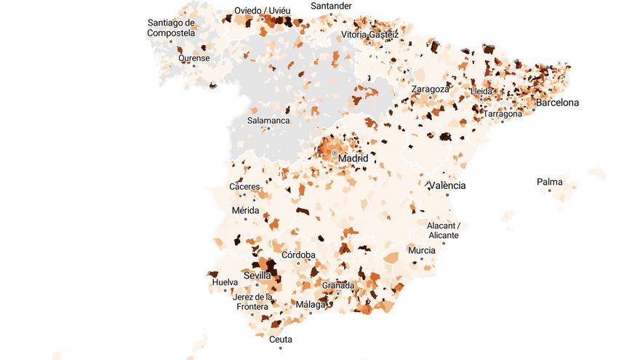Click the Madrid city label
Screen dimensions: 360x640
[x=353, y=158]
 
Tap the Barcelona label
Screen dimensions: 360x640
[x=557, y=103]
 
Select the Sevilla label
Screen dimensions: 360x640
[x=257, y=276]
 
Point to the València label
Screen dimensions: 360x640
[x=447, y=185]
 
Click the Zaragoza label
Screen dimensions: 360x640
[x=430, y=89]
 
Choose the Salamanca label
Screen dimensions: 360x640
[x=268, y=121]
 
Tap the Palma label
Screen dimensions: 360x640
[x=549, y=182]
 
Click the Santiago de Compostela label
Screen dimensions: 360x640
[x=171, y=28]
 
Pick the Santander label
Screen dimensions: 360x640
[x=331, y=6]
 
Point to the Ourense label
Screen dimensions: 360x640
[x=193, y=58]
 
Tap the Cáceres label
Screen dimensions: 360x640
[x=244, y=187]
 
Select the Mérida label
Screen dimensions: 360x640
[x=245, y=210]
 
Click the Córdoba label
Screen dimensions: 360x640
[x=298, y=255]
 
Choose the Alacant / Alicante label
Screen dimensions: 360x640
[x=443, y=231]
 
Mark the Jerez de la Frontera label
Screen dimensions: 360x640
[x=252, y=301]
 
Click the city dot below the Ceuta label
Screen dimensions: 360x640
[x=281, y=348]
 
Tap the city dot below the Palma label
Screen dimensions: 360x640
[x=549, y=191]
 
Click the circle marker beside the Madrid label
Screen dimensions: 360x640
[x=334, y=153]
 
